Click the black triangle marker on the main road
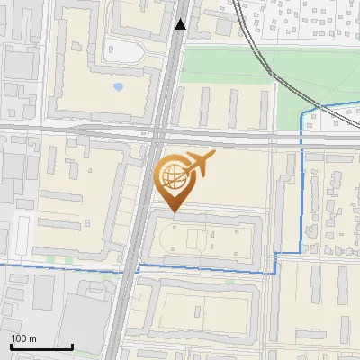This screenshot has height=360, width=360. click(182, 24)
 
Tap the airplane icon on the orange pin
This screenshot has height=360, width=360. click(199, 166)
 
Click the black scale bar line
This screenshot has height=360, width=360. click(41, 346)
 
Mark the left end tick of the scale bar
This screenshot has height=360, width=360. click(11, 345)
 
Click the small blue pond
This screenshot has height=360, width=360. click(119, 88)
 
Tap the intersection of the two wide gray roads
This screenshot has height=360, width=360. click(155, 135)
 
